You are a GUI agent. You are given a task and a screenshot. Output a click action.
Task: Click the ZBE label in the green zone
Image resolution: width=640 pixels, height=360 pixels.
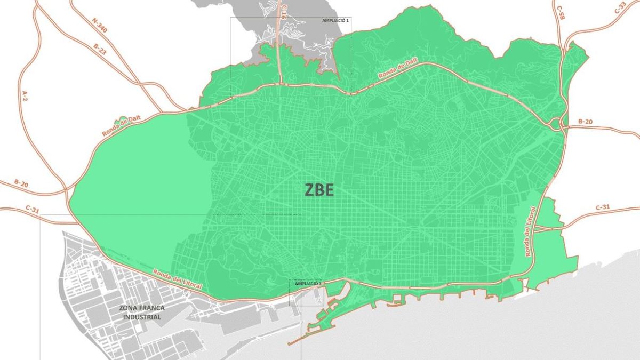pyautogui.click(x=319, y=190)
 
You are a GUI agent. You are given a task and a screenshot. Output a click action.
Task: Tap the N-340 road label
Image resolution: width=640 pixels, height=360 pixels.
pyautogui.click(x=99, y=26)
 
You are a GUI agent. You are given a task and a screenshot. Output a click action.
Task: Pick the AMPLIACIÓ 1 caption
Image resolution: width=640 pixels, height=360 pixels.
pyautogui.click(x=335, y=20)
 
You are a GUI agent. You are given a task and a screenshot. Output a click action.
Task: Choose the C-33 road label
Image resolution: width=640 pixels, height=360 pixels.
pyautogui.click(x=620, y=8)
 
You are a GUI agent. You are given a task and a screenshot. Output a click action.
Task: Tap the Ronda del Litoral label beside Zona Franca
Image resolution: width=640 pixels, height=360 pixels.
pyautogui.click(x=177, y=278)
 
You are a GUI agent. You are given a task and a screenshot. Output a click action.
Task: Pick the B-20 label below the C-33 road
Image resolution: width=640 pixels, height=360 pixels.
pyautogui.click(x=586, y=122)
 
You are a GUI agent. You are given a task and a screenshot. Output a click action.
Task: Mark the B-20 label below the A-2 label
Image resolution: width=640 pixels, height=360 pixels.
pyautogui.click(x=21, y=183)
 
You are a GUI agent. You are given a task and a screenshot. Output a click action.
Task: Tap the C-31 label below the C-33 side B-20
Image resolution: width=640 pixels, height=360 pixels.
pyautogui.click(x=602, y=207)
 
